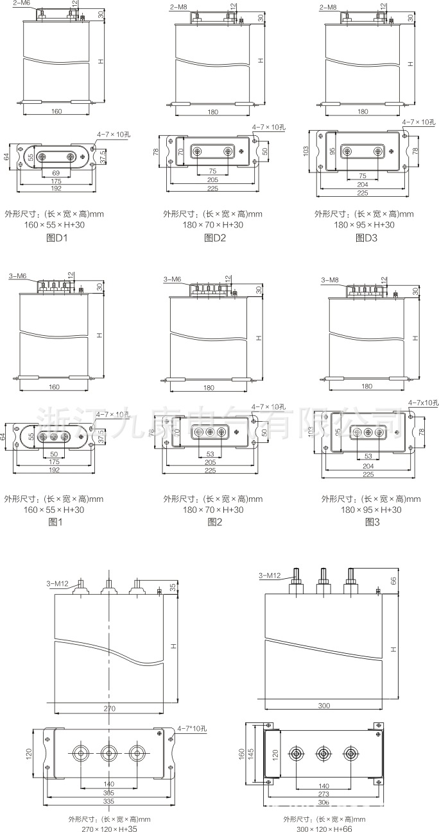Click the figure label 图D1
click(53, 238)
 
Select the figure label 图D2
click(212, 238)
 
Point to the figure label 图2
click(214, 522)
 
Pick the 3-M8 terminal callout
click(329, 280)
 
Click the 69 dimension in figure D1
click(55, 174)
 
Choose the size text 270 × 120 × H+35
click(109, 828)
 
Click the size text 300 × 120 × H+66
click(324, 828)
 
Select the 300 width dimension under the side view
click(323, 706)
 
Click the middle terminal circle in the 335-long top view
click(108, 753)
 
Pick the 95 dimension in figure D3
click(332, 151)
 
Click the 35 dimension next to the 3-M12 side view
click(173, 587)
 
